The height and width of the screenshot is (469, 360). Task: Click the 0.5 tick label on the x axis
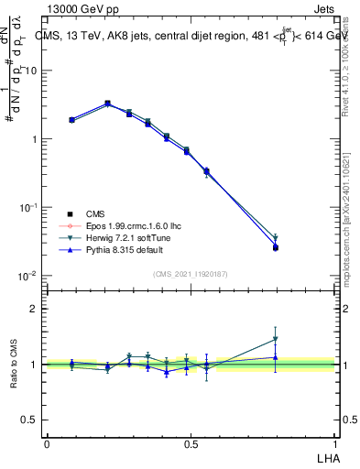[x=191, y=443]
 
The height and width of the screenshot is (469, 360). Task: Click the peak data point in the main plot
[x=108, y=104]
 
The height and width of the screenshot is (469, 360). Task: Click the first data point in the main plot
[x=71, y=119]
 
